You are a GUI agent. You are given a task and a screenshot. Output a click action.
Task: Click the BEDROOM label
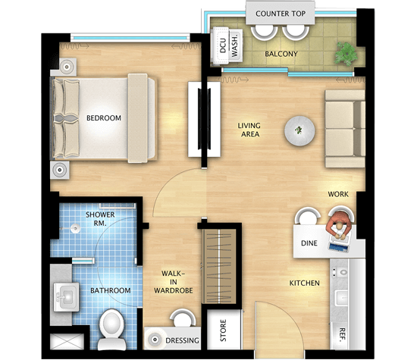click(x=104, y=117)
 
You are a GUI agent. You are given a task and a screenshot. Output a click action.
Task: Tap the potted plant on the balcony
click(x=346, y=54)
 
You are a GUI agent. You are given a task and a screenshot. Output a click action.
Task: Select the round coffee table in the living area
click(x=299, y=130)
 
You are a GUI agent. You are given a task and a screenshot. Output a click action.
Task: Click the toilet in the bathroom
click(x=112, y=330)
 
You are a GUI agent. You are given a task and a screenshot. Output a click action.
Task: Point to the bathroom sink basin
click(x=66, y=297)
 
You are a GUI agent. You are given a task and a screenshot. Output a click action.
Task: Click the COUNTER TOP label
click(x=281, y=14)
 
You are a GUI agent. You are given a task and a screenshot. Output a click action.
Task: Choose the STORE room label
click(x=223, y=330)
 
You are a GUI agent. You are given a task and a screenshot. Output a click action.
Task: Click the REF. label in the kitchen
click(x=342, y=334)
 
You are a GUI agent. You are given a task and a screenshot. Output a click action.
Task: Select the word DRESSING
click(x=182, y=340)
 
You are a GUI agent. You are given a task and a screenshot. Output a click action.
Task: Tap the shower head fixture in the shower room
click(x=75, y=228)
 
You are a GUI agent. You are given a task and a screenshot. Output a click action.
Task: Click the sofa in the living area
click(x=345, y=129)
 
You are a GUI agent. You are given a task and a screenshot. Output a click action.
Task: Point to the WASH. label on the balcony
click(x=234, y=45)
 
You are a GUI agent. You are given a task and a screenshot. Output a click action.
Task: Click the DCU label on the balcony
click(x=223, y=45)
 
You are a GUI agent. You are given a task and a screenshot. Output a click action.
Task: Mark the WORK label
click(x=338, y=194)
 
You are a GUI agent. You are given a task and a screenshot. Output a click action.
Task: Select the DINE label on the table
click(x=309, y=243)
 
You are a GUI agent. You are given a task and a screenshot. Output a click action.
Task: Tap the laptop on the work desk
click(x=339, y=244)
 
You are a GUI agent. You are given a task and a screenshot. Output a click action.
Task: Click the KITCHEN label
click(x=305, y=283)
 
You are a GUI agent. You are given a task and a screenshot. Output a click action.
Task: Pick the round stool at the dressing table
click(x=183, y=318)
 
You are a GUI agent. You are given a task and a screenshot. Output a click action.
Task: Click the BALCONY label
click(x=281, y=54)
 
